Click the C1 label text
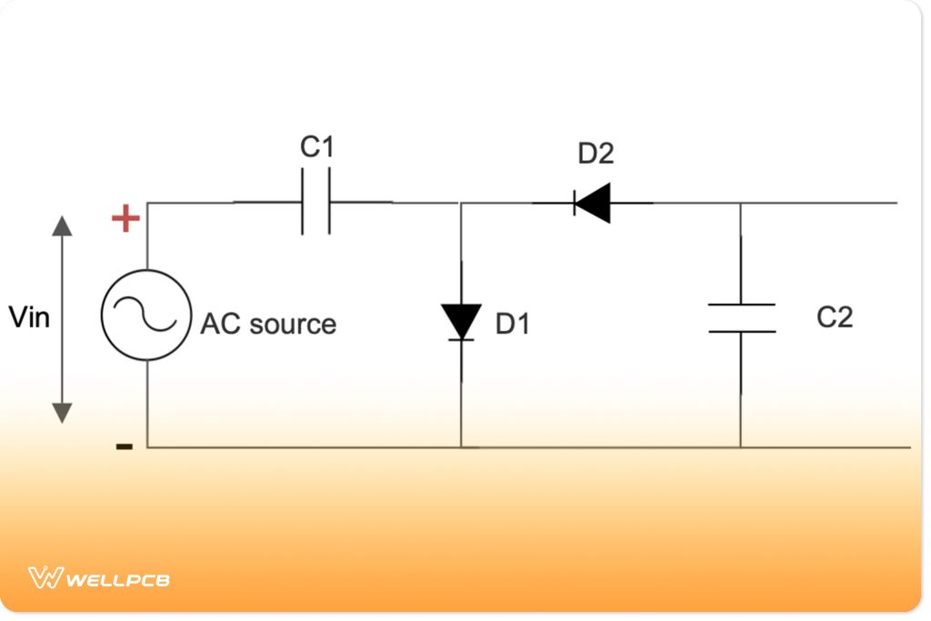pos(317,147)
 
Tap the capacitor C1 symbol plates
pos(315,202)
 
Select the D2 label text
pos(596,154)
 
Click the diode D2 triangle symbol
pos(592,202)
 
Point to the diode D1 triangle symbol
pos(461,322)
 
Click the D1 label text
pos(513,324)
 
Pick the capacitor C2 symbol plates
pos(741,317)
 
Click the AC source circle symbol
pos(145,314)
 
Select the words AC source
pos(268,324)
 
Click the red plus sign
pos(125,219)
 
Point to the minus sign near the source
pos(125,446)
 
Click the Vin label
pos(29,317)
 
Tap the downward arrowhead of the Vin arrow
pos(62,413)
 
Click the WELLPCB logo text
pos(118,578)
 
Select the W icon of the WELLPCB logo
pos(45,577)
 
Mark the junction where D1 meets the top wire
pos(461,202)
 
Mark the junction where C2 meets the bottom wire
pos(741,447)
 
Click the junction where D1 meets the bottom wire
pos(461,447)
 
